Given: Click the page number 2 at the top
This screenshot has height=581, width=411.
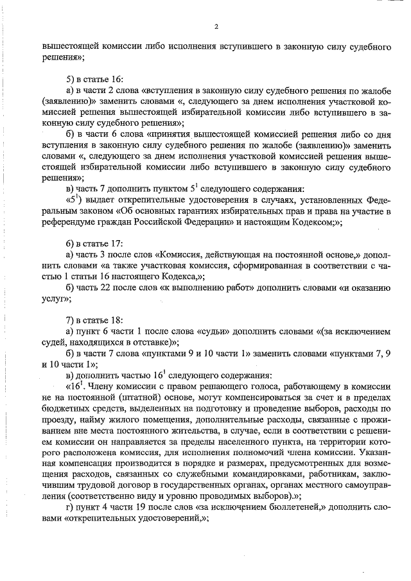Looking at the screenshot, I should pos(216,26).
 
